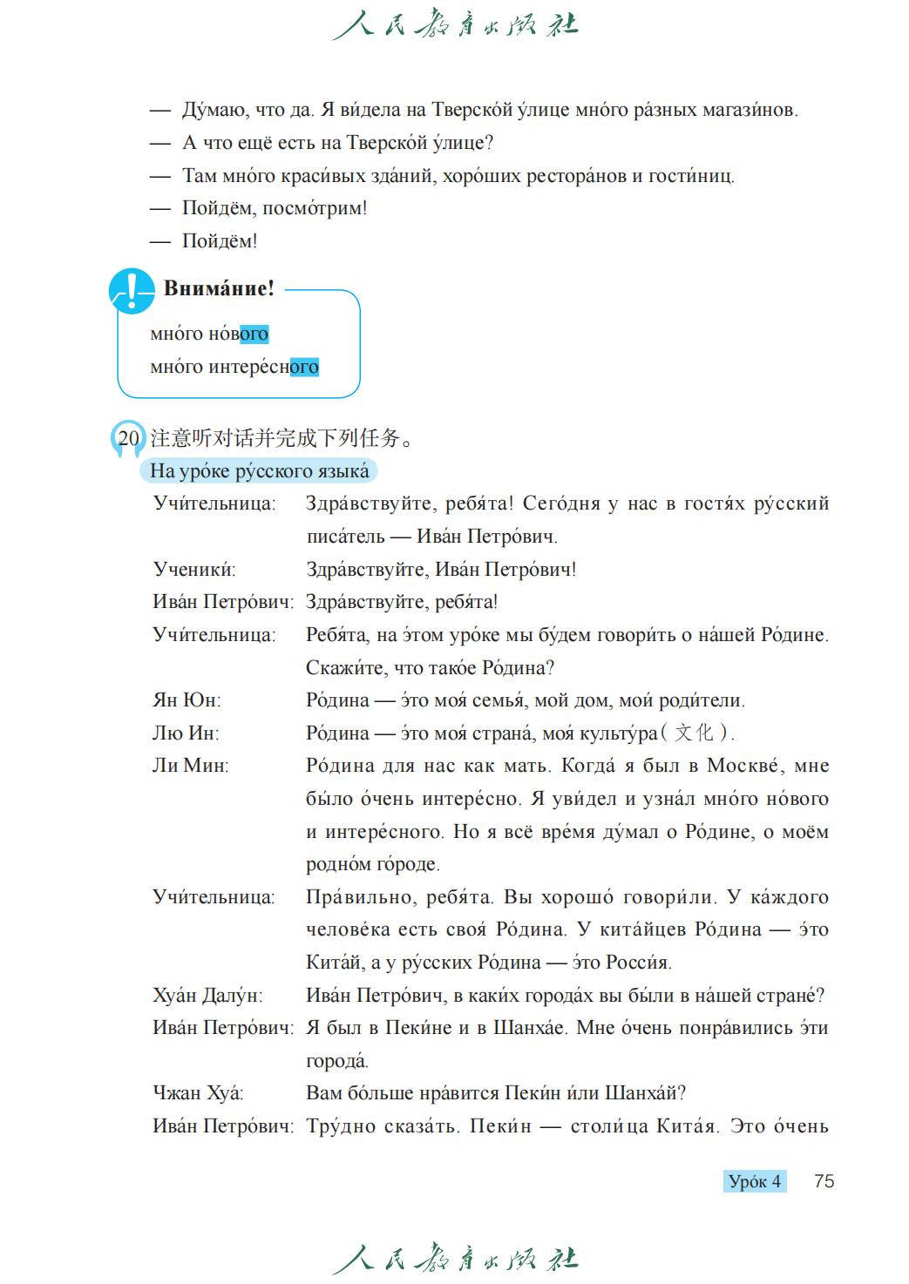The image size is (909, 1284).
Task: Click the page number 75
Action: coord(824,1181)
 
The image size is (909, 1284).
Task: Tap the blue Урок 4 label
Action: coord(754,1181)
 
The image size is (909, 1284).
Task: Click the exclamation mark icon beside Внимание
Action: coord(131,291)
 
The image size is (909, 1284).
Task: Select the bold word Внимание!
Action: coord(219,288)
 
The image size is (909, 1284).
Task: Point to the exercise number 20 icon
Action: coord(128,438)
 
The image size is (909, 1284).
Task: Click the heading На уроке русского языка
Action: coord(259,471)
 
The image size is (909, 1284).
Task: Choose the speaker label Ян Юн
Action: coord(187,700)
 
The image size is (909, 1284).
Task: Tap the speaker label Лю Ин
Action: coord(186,733)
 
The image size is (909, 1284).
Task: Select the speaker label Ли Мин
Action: coord(190,766)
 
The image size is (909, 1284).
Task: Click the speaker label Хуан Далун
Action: coord(207,995)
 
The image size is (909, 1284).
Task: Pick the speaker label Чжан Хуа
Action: coord(198,1093)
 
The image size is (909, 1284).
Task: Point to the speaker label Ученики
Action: coord(194,570)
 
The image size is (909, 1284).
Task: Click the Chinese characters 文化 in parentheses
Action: coord(694,733)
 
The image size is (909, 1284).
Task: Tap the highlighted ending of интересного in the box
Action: coord(304,367)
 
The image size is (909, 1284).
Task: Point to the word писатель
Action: coord(345,537)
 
